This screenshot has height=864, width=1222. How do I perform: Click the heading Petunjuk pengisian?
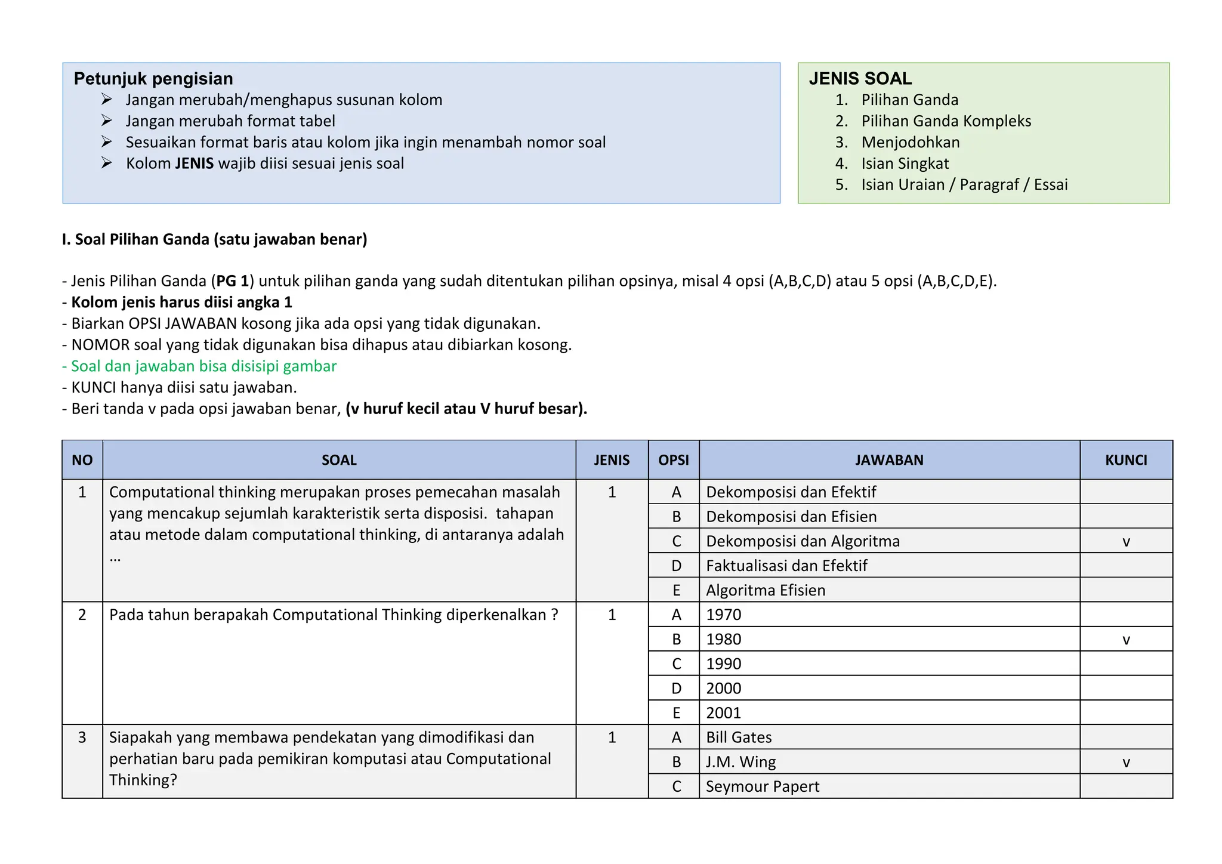pos(153,79)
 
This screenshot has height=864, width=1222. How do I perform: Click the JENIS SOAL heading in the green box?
pos(860,79)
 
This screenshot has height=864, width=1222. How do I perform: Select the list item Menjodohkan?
pos(910,143)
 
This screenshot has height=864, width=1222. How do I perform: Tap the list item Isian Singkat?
pos(905,163)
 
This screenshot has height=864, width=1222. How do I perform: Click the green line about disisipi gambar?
pos(199,366)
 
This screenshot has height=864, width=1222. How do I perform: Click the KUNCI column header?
pos(1125,460)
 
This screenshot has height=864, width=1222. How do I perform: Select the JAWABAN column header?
pos(888,460)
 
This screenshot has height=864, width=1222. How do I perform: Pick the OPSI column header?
pos(673,460)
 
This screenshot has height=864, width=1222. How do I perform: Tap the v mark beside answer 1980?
pos(1126,640)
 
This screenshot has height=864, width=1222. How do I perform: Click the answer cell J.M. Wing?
pos(740,762)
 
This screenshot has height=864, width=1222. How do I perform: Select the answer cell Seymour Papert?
pos(762,786)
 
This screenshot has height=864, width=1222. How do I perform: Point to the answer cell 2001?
pos(723,713)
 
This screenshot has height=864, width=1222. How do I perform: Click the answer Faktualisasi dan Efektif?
pos(786,566)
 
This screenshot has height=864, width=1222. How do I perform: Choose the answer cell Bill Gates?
pos(739,738)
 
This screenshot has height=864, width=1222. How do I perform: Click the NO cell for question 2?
pos(82,615)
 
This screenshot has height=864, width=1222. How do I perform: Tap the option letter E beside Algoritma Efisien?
pos(676,590)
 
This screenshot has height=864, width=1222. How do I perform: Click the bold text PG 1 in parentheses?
pos(232,281)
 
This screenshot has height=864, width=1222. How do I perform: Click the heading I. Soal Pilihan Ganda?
pos(214,239)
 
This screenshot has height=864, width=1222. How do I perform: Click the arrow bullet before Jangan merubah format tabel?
pos(107,121)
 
